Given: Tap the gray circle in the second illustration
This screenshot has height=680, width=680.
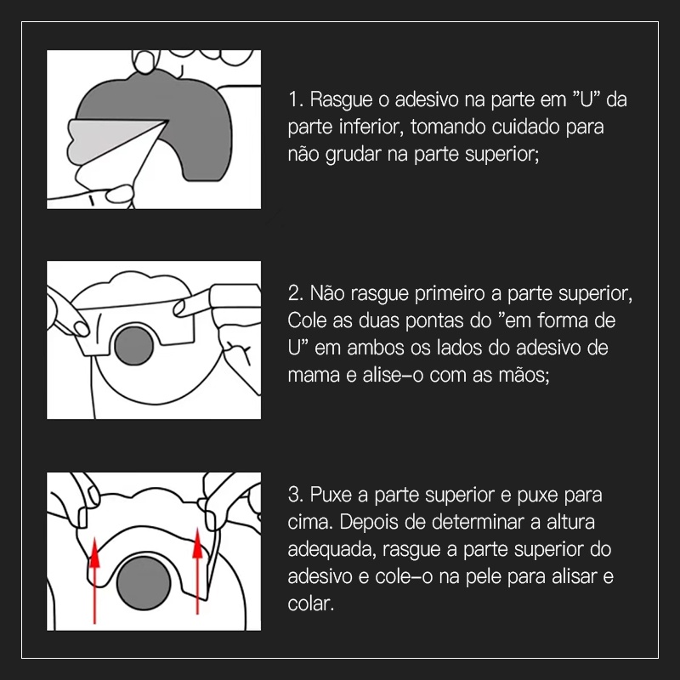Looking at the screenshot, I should [133, 343].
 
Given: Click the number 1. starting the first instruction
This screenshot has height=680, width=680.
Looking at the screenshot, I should [296, 100].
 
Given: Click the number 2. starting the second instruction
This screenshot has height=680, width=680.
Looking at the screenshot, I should [297, 294].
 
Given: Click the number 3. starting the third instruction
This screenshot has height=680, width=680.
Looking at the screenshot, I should [296, 495].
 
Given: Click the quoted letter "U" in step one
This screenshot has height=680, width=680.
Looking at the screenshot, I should [584, 100].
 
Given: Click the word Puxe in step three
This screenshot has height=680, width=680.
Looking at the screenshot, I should [330, 495].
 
